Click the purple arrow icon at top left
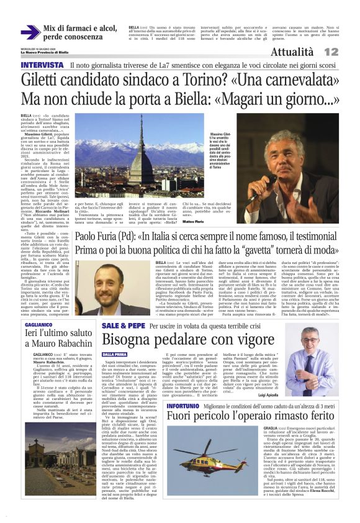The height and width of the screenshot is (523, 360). pyautogui.click(x=30, y=32)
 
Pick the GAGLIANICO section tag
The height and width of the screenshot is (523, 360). pyautogui.click(x=38, y=324)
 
